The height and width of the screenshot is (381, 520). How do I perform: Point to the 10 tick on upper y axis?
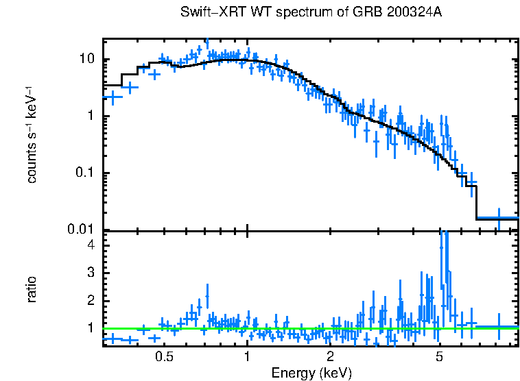click(87, 60)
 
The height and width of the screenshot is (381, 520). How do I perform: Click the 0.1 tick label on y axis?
click(88, 173)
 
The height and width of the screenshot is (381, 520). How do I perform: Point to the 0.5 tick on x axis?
click(164, 357)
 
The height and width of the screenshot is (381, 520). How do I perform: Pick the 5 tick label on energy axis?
click(440, 357)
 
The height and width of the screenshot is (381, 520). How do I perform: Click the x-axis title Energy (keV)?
click(311, 373)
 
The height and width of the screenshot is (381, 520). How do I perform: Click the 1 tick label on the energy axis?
click(247, 357)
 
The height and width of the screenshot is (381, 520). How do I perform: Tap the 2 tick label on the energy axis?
click(330, 357)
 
